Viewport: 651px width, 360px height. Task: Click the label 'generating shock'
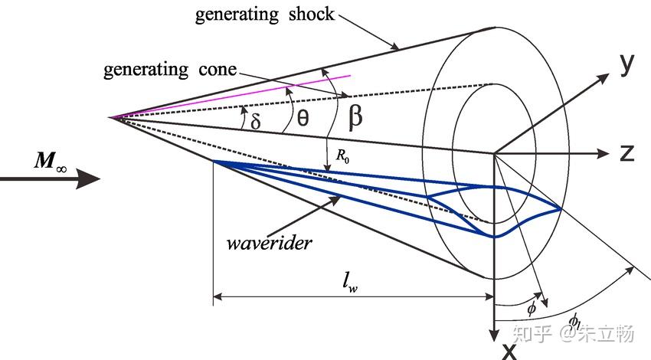click(264, 13)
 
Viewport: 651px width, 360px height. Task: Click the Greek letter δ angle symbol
click(256, 119)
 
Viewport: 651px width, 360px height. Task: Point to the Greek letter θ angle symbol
click(303, 118)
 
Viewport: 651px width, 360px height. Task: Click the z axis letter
click(627, 152)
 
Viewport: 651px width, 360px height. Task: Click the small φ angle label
click(532, 308)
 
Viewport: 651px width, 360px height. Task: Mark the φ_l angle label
click(575, 320)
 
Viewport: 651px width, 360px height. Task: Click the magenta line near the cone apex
click(230, 97)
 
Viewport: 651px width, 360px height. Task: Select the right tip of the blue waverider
click(562, 208)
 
